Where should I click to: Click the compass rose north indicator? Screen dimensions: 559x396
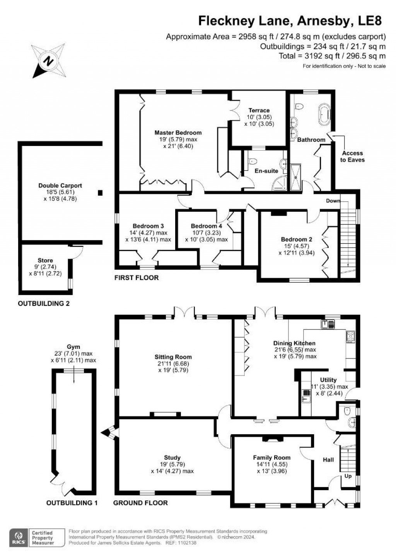pyautogui.click(x=48, y=61)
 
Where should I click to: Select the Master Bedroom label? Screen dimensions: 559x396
pyautogui.click(x=178, y=133)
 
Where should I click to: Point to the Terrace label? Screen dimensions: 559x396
pyautogui.click(x=259, y=110)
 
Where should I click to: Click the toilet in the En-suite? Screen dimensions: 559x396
pyautogui.click(x=253, y=161)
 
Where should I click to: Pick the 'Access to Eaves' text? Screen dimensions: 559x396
pyautogui.click(x=352, y=156)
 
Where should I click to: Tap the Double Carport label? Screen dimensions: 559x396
pyautogui.click(x=60, y=185)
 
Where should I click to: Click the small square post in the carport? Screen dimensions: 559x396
pyautogui.click(x=101, y=192)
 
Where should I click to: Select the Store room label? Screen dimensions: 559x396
pyautogui.click(x=45, y=260)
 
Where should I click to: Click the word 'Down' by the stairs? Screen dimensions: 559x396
pyautogui.click(x=333, y=201)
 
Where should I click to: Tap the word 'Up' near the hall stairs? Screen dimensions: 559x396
pyautogui.click(x=348, y=476)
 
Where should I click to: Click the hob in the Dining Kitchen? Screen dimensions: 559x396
pyautogui.click(x=350, y=336)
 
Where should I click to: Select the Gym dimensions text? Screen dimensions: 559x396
pyautogui.click(x=73, y=357)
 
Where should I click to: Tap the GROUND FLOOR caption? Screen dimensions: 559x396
pyautogui.click(x=140, y=503)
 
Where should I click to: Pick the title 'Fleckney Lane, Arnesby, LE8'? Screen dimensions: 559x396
pyautogui.click(x=290, y=21)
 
